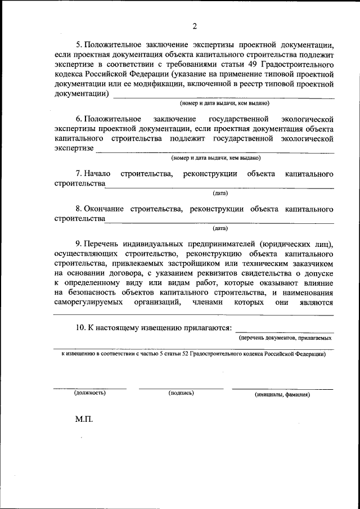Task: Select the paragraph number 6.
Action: point(78,119)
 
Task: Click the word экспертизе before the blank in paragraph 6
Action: point(74,150)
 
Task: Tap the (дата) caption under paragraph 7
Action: point(220,193)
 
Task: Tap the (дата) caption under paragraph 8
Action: point(220,229)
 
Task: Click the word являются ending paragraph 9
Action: point(316,303)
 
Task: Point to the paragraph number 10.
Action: point(81,327)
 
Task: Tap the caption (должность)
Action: point(90,393)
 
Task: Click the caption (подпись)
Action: point(181,393)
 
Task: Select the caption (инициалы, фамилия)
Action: point(282,394)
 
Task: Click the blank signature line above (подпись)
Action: point(181,388)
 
